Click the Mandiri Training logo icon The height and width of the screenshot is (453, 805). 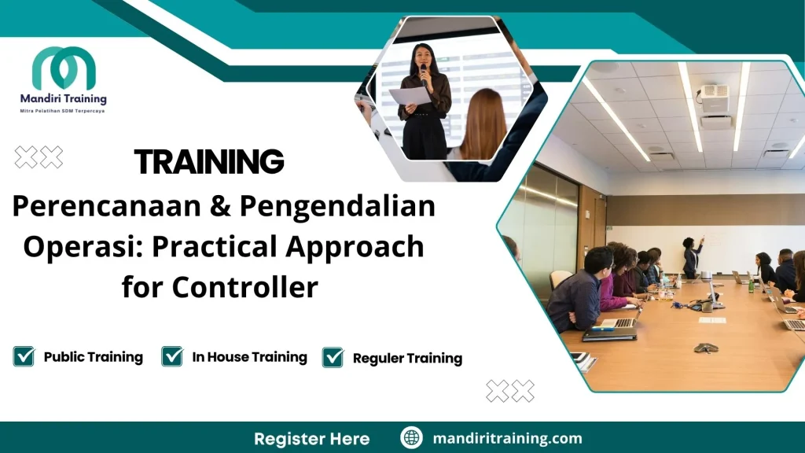pyautogui.click(x=64, y=68)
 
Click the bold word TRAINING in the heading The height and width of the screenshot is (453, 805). pyautogui.click(x=209, y=162)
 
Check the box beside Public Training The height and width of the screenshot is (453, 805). pyautogui.click(x=24, y=356)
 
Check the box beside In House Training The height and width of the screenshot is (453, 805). pyautogui.click(x=172, y=356)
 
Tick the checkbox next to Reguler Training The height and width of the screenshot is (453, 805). pyautogui.click(x=333, y=357)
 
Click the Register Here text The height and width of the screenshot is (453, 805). pyautogui.click(x=311, y=438)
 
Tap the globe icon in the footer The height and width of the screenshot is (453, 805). pyautogui.click(x=411, y=437)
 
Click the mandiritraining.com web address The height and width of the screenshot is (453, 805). pyautogui.click(x=507, y=438)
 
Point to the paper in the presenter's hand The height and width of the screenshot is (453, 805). pyautogui.click(x=410, y=96)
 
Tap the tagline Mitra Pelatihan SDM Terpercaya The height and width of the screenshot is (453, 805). pyautogui.click(x=62, y=111)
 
